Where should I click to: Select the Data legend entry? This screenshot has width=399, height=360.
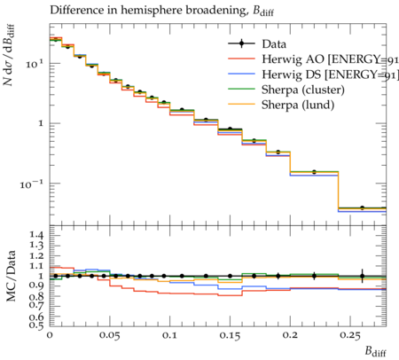[x=257, y=44]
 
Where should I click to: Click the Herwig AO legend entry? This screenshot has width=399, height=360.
[x=313, y=59]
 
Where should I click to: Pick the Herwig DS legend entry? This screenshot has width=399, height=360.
[x=313, y=74]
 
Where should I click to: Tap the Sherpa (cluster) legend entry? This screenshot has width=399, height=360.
[x=286, y=90]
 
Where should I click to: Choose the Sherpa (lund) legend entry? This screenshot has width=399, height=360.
[x=281, y=105]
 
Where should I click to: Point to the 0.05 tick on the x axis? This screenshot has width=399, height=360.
[x=110, y=336]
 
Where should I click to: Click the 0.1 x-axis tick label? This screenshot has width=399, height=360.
[x=169, y=335]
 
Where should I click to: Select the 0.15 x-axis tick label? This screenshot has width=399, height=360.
[x=230, y=336]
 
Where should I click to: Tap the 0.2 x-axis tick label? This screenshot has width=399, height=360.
[x=290, y=335]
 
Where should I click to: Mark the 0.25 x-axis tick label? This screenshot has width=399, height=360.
[x=350, y=336]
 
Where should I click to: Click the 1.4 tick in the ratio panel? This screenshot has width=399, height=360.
[x=36, y=236]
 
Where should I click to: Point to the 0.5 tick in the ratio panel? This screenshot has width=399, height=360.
[x=36, y=325]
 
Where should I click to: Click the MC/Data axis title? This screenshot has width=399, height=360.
[x=11, y=276]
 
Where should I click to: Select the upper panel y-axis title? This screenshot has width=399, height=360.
[x=10, y=56]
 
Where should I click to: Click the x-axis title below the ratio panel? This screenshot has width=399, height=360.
[x=375, y=351]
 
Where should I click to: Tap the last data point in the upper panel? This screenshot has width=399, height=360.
[x=362, y=208]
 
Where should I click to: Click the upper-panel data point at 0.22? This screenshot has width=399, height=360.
[x=314, y=172]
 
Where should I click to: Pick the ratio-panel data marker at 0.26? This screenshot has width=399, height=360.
[x=362, y=276]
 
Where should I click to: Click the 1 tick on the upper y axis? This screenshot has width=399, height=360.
[x=41, y=123]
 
